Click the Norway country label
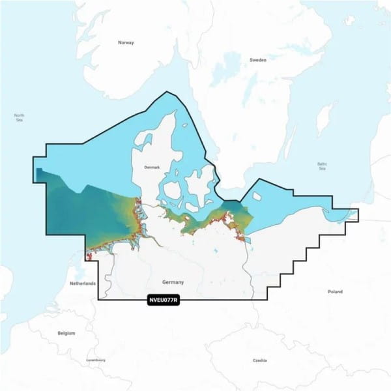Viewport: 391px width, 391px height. (x=125, y=42)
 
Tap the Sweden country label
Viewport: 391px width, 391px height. (x=258, y=59)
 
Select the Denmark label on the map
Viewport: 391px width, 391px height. (x=152, y=167)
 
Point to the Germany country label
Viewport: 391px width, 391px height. (x=173, y=282)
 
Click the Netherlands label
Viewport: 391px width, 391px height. (x=83, y=283)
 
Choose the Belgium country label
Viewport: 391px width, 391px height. (x=66, y=333)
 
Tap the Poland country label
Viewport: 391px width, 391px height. (x=335, y=291)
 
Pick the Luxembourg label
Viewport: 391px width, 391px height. (x=95, y=360)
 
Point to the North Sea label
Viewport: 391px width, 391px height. (x=19, y=118)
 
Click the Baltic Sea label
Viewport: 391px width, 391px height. (x=322, y=166)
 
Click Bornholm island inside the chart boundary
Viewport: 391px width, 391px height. (x=256, y=195)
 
